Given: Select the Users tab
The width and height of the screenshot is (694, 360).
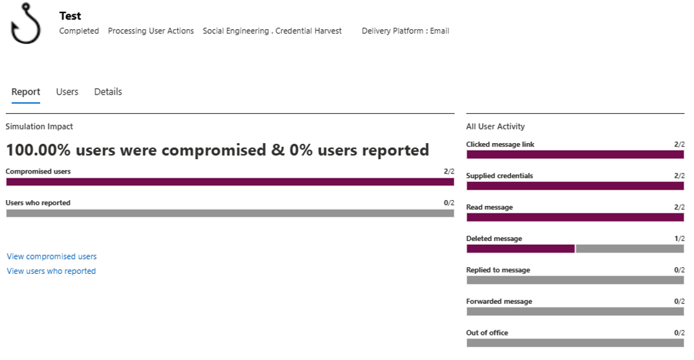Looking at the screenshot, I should coord(67,92).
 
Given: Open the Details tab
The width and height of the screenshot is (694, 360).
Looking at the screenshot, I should coord(108,92).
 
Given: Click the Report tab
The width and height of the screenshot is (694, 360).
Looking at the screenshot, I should coord(26,92).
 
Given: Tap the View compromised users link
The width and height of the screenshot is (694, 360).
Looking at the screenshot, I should coord(52,256).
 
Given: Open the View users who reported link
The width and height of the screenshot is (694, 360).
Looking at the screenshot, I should coord(51,271).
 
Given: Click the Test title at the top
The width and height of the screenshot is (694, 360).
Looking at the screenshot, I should coord(70,16).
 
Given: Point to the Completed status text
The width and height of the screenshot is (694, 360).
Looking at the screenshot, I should coord(79,31).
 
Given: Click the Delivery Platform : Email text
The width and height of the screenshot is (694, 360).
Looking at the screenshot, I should coord(405,31).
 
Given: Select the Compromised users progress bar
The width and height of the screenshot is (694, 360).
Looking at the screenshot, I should coord(230,182).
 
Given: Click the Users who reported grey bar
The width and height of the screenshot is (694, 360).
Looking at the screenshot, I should coord(230,213).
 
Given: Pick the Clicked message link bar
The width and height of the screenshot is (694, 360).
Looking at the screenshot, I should coord(575,155).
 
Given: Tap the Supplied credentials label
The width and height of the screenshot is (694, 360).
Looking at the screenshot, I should coord(500,176).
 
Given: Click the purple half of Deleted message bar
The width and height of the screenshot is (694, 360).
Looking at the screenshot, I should coord(520,249).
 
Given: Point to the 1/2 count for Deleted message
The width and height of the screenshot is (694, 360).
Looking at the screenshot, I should coord(679,239).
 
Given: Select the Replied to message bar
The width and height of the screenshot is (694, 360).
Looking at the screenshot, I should coord(575,280).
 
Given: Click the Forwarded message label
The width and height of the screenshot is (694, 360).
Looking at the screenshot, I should coord(499,302).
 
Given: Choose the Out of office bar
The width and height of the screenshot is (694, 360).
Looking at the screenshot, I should coord(575,343).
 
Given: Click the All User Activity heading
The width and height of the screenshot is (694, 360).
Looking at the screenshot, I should coord(495,127).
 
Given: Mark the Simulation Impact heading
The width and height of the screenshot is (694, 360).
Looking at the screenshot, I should coord(39,127).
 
